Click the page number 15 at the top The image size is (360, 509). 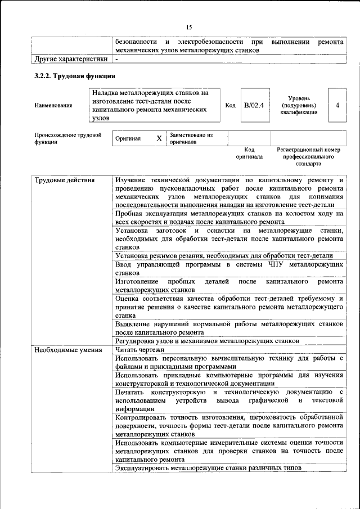pyautogui.click(x=188, y=27)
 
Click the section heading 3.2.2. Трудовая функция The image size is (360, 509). pyautogui.click(x=75, y=75)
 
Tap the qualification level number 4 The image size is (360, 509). pyautogui.click(x=337, y=105)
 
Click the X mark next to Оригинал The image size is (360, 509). pyautogui.click(x=159, y=138)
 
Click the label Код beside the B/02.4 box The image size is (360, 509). pyautogui.click(x=230, y=105)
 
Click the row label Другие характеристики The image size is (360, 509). pyautogui.click(x=71, y=58)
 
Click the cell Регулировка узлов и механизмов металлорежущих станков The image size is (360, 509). pyautogui.click(x=206, y=341)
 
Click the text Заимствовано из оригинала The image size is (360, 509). pyautogui.click(x=191, y=138)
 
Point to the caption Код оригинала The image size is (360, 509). pyautogui.click(x=249, y=154)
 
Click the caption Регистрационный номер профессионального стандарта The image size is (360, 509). pyautogui.click(x=309, y=157)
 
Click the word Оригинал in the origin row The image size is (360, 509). pyautogui.click(x=128, y=138)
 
